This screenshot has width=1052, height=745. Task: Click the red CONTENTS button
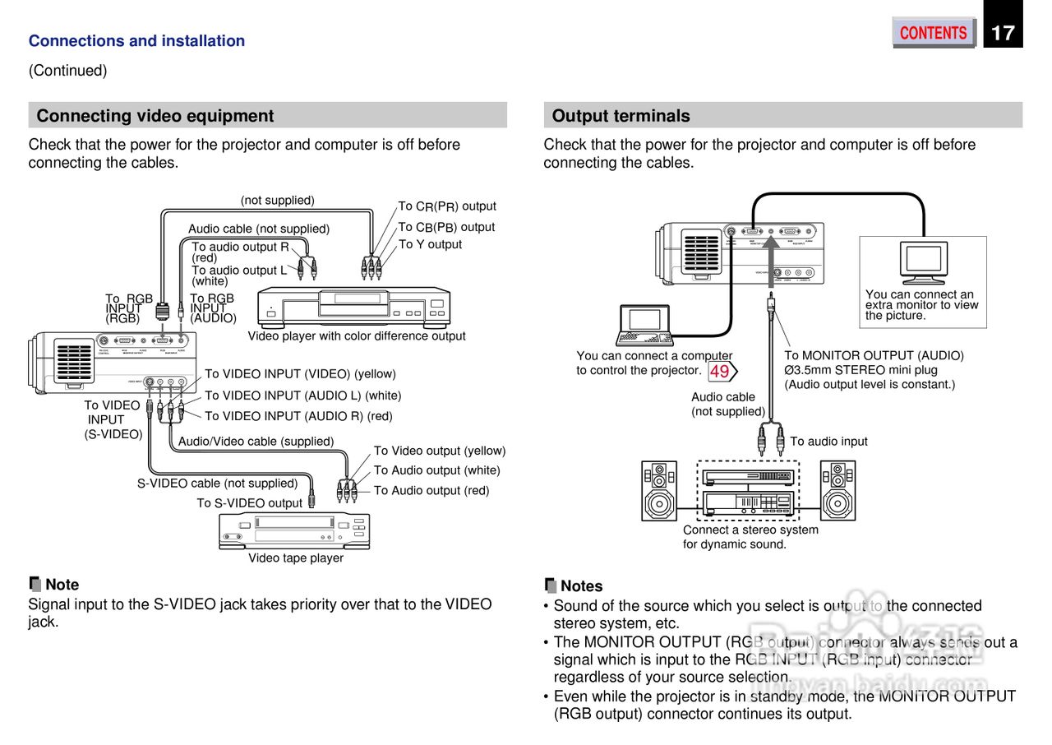tap(933, 33)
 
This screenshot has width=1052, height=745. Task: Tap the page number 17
tap(1003, 33)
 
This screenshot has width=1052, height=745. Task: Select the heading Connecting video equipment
tap(155, 116)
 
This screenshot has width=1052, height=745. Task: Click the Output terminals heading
tap(621, 116)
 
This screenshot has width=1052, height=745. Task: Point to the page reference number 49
tap(719, 372)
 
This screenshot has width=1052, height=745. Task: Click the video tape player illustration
tap(294, 530)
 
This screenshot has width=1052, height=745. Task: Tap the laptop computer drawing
tap(645, 325)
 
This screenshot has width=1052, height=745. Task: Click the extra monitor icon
tap(923, 262)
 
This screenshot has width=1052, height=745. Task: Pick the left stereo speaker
tap(659, 490)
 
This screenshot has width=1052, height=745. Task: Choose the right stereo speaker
tap(837, 490)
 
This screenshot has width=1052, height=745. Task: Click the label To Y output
tap(430, 244)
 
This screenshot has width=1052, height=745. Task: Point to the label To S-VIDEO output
tap(249, 503)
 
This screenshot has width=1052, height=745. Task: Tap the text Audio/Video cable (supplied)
tap(256, 442)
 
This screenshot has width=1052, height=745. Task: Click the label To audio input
tap(828, 442)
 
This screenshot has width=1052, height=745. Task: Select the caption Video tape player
tap(296, 558)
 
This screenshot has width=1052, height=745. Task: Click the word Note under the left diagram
tap(62, 585)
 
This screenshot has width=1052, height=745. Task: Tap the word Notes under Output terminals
tap(581, 586)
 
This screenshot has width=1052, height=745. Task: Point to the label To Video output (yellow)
tap(440, 451)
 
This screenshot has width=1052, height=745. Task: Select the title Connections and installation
tap(136, 41)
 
